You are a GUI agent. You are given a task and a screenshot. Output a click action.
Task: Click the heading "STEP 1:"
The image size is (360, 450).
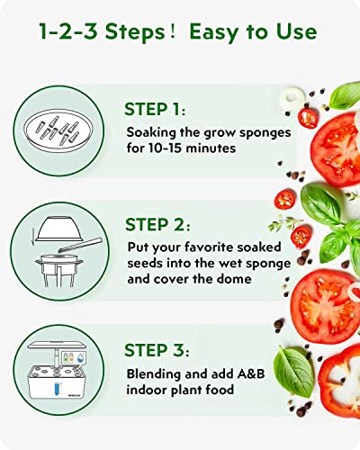pos(158,110)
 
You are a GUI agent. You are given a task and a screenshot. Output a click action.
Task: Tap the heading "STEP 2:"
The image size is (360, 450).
pos(160,225)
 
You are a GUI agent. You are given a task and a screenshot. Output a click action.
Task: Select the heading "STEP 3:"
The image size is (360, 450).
pos(160,342)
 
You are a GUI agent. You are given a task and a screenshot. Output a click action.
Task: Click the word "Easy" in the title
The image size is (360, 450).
pos(213,32)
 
